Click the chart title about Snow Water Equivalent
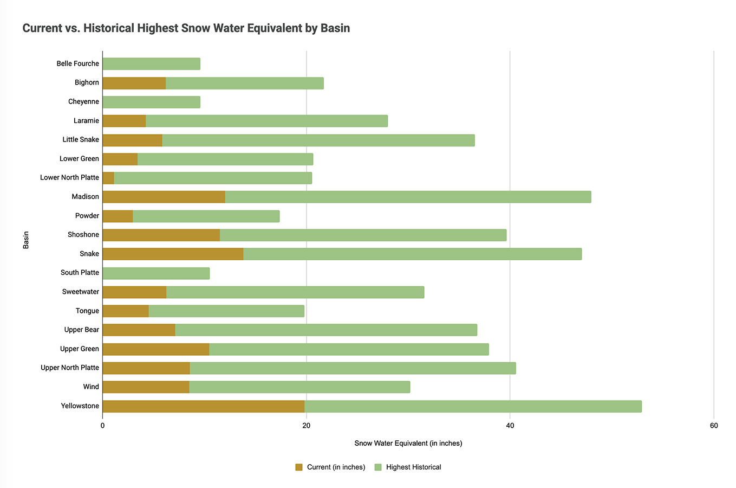[x=186, y=28]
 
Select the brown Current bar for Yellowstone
[x=203, y=406]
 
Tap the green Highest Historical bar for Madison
[x=408, y=197]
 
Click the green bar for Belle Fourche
[x=151, y=64]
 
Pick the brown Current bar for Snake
[x=173, y=254]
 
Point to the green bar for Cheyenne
[x=151, y=102]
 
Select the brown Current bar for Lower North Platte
[x=108, y=178]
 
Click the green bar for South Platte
[x=156, y=273]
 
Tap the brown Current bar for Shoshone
[x=161, y=235]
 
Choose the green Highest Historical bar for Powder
[x=206, y=216]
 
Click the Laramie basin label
[x=86, y=120]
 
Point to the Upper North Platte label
[x=70, y=368]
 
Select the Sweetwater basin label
[x=81, y=292]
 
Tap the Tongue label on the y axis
[x=87, y=311]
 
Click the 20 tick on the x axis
[x=306, y=426]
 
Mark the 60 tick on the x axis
[x=714, y=426]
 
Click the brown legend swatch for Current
[x=299, y=467]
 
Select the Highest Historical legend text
[x=413, y=467]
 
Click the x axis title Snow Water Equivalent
[x=408, y=444]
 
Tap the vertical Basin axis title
[x=26, y=240]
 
